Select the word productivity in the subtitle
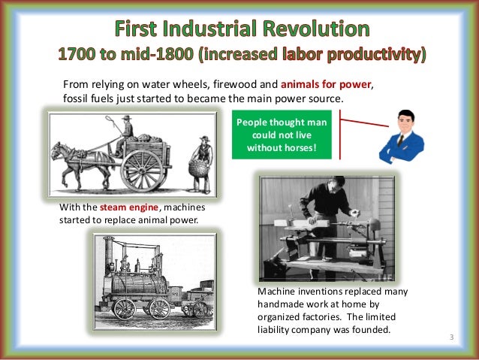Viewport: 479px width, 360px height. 374,56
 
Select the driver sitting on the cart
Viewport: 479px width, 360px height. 125,132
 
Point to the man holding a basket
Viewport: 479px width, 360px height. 202,158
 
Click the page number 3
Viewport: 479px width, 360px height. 452,336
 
